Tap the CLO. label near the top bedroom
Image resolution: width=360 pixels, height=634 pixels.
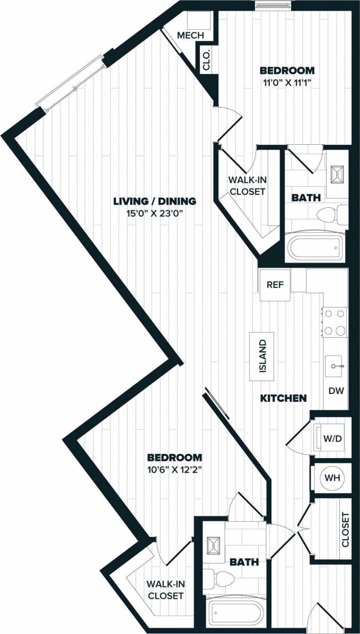point(206,59)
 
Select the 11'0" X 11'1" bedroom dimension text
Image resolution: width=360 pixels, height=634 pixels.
point(286,82)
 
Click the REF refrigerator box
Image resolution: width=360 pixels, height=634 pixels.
point(275,285)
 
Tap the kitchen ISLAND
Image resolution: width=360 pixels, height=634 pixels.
point(263,356)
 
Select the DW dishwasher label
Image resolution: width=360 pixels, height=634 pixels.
point(336,391)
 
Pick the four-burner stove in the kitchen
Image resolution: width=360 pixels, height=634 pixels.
point(335,322)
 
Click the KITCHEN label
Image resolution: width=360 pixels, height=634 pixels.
point(283,398)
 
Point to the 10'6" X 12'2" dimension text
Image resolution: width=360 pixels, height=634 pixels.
point(174,469)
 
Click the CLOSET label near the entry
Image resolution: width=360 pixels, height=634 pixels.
point(345,530)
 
